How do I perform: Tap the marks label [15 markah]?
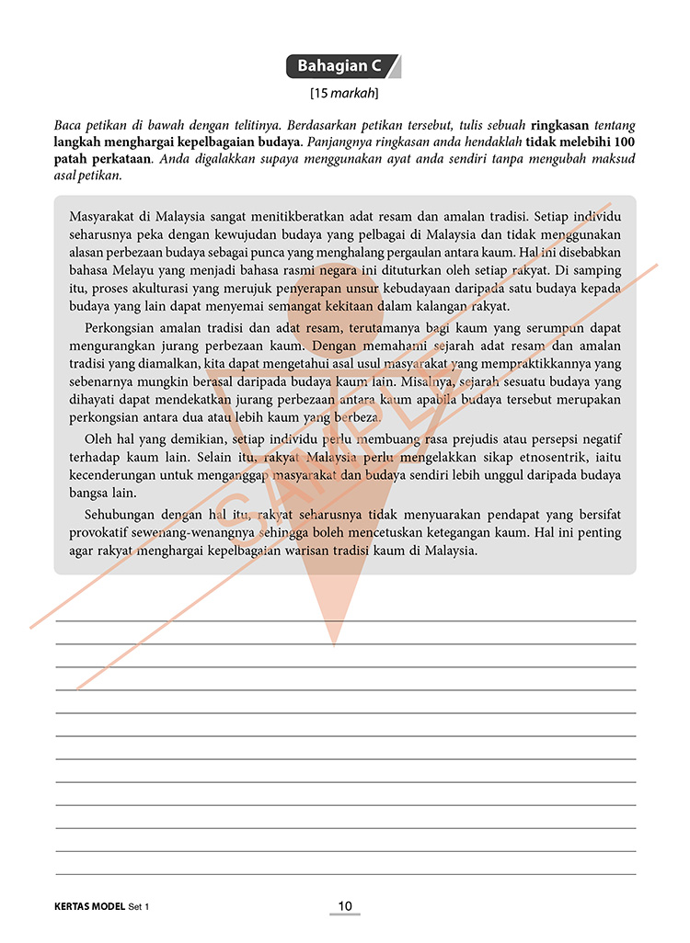pos(345,93)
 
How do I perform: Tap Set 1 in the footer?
pos(139,907)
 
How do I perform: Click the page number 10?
pos(345,907)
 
